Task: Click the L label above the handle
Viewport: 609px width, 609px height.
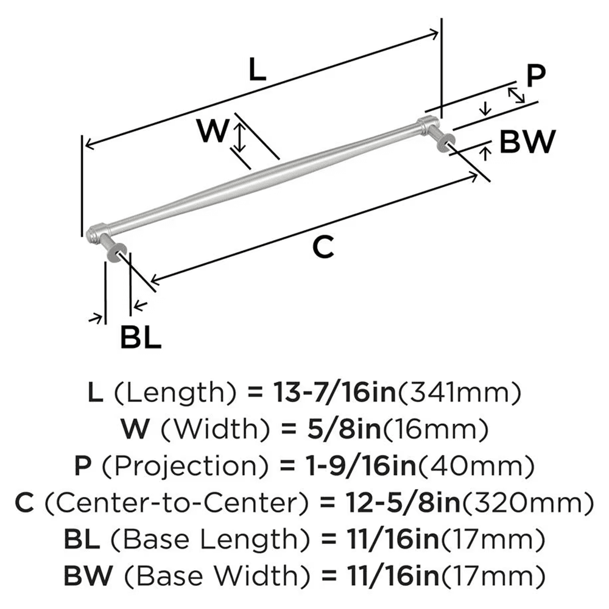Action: pos(258,72)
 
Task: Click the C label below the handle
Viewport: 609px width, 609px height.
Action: pos(323,247)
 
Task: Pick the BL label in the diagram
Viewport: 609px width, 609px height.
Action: pos(140,337)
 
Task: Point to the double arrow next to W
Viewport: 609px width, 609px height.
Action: pos(241,138)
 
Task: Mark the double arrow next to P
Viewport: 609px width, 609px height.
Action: pos(516,94)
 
